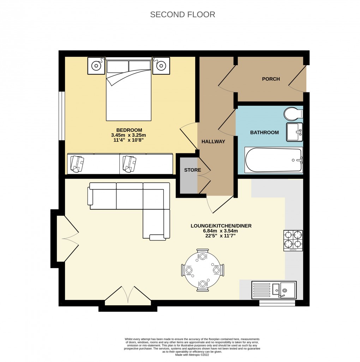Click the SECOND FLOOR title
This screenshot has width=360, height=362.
coord(182,14)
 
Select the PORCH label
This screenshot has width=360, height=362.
coord(271,79)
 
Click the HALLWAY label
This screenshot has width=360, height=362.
coord(213,141)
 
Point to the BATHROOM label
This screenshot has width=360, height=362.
coord(264,133)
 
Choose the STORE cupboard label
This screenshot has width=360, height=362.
coord(192,170)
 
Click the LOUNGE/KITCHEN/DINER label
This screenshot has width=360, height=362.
coord(221,226)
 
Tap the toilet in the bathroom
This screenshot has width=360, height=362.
coord(293,113)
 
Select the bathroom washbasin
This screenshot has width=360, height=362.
coord(294,132)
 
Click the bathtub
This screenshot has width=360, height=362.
coord(274,160)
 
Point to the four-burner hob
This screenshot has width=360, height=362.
coord(293,240)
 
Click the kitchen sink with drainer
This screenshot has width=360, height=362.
coord(274,290)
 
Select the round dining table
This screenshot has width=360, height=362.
coord(203,270)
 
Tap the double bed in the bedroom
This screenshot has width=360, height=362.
coord(129,90)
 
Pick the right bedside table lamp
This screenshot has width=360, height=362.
coord(161,65)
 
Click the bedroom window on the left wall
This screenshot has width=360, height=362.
coord(62,116)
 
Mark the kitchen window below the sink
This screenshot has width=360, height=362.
coord(277,303)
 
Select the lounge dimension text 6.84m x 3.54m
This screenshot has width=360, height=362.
coord(221,231)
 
